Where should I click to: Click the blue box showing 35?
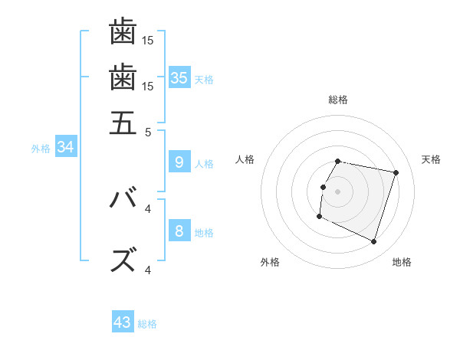tap(179, 77)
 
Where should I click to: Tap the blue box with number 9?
tap(179, 162)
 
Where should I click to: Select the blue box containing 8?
tap(179, 231)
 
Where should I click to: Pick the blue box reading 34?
tap(65, 147)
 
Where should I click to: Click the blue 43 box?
tap(123, 322)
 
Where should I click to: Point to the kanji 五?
tap(123, 123)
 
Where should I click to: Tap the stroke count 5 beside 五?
tap(149, 131)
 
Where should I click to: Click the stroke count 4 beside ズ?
tap(148, 270)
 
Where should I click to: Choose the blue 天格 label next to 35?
tap(204, 79)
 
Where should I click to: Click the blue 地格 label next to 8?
tap(204, 232)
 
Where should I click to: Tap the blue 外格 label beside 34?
tap(41, 149)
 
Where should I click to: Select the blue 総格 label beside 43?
tap(147, 324)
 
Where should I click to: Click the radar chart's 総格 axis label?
tap(338, 100)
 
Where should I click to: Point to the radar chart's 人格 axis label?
tap(245, 159)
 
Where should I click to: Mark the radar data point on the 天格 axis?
tap(396, 173)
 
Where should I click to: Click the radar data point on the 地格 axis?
tap(373, 242)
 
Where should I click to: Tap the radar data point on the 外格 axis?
tap(319, 217)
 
